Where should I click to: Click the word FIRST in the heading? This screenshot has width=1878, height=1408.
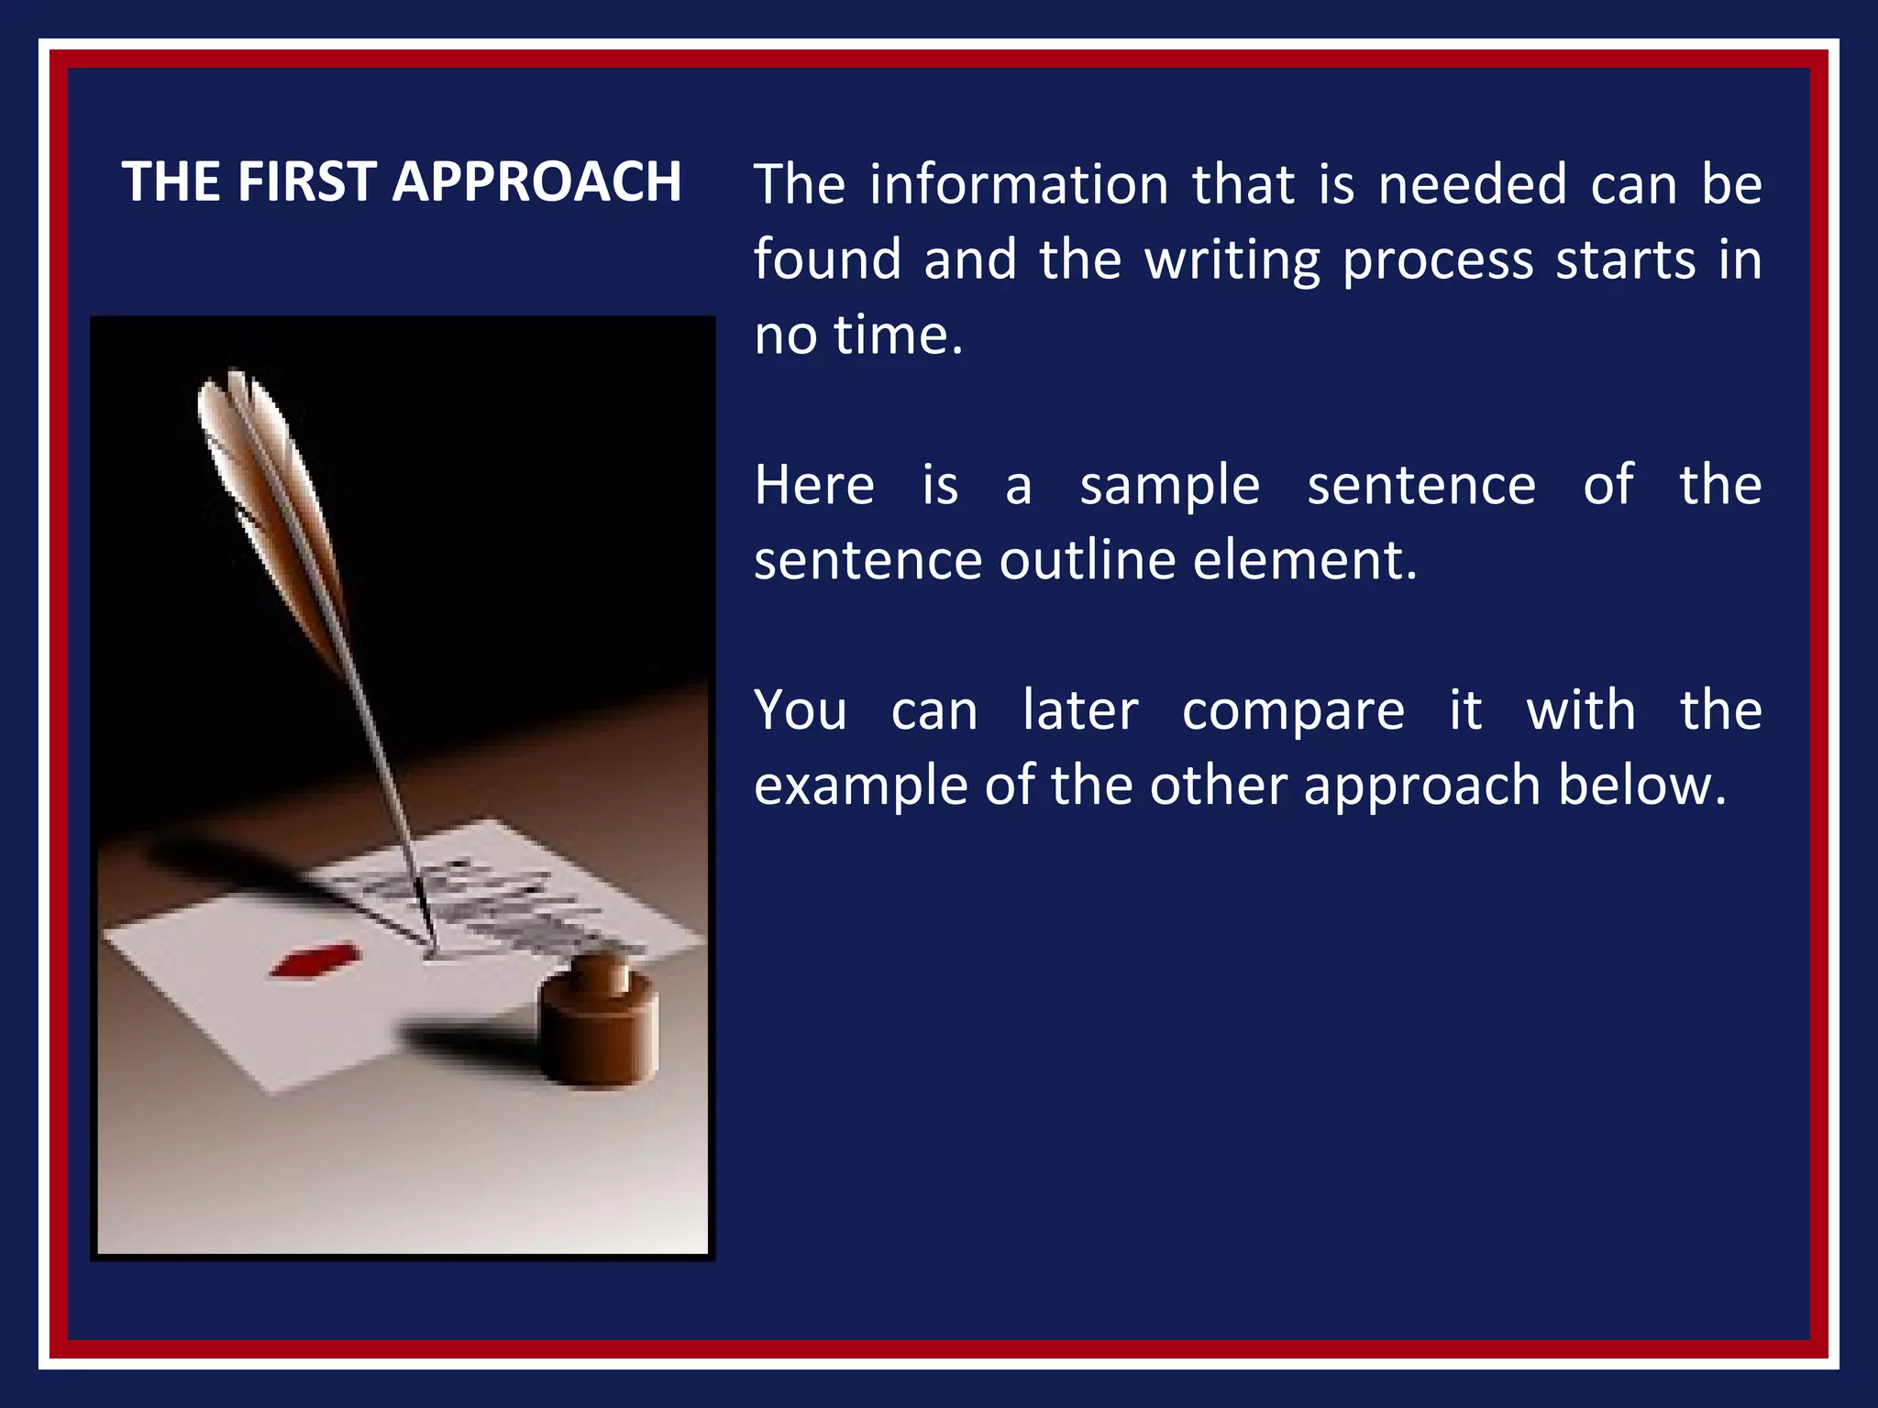click(306, 181)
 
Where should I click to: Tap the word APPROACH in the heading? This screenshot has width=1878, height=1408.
click(536, 181)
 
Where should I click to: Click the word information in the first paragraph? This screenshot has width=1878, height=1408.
click(1019, 185)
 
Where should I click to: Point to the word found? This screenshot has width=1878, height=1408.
click(827, 260)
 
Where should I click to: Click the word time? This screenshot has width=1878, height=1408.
click(898, 335)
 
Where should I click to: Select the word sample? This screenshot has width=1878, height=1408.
click(1169, 487)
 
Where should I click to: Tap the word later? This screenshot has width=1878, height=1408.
click(1080, 710)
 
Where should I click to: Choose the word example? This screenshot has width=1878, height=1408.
click(858, 787)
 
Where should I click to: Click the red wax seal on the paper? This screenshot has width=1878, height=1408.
click(313, 961)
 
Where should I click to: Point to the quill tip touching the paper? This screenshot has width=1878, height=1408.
click(429, 944)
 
